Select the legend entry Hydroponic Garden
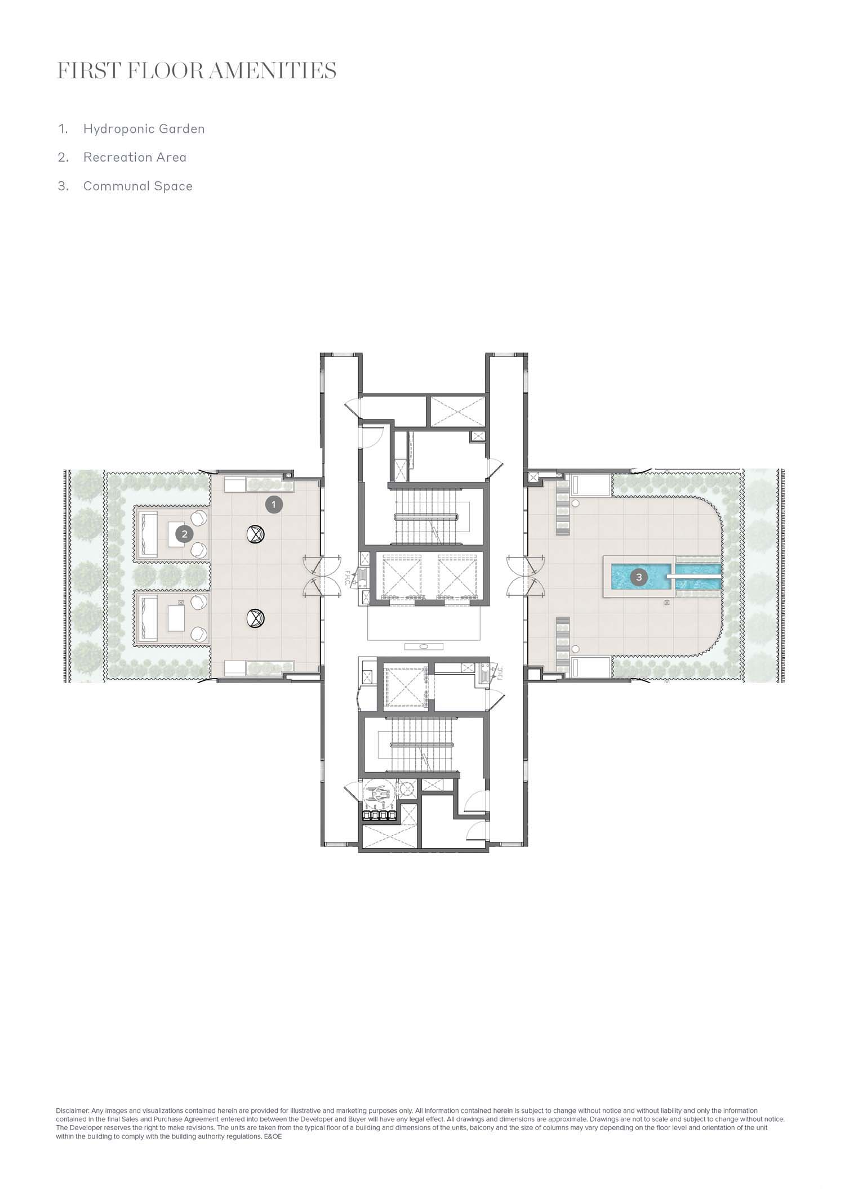pyautogui.click(x=144, y=129)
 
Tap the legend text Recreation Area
pyautogui.click(x=135, y=157)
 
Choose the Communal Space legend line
pyautogui.click(x=138, y=186)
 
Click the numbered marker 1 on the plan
pyautogui.click(x=274, y=505)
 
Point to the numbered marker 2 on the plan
pyautogui.click(x=184, y=534)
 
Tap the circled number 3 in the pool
pyautogui.click(x=638, y=577)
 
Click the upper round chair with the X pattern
pyautogui.click(x=256, y=534)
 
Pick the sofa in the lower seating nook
pyautogui.click(x=149, y=618)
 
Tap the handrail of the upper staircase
pyautogui.click(x=425, y=516)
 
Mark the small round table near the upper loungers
pyautogui.click(x=576, y=503)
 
